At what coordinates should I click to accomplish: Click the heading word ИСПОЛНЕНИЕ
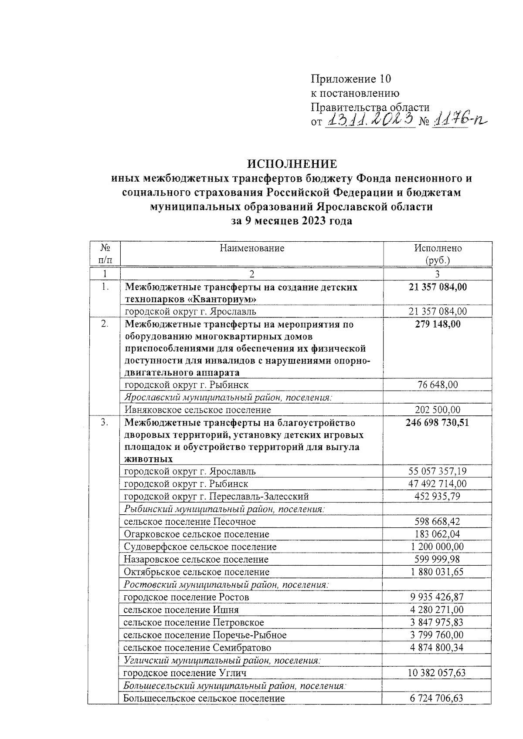[x=292, y=164]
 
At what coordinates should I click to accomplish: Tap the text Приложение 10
[x=350, y=79]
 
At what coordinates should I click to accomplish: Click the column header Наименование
[x=251, y=248]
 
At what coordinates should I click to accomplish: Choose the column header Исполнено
[x=438, y=248]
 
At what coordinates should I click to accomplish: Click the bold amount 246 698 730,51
[x=438, y=422]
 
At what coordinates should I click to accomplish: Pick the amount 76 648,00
[x=438, y=385]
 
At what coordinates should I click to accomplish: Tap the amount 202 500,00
[x=438, y=410]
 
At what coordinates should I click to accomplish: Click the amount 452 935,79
[x=438, y=496]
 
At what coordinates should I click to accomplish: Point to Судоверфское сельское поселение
[x=200, y=547]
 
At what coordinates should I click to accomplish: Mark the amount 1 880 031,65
[x=437, y=572]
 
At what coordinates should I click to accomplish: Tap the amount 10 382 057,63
[x=437, y=673]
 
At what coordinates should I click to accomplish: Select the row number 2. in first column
[x=104, y=324]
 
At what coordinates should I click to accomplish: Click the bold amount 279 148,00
[x=438, y=324]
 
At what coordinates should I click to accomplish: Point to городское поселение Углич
[x=185, y=673]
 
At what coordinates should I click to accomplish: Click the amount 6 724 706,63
[x=437, y=698]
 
